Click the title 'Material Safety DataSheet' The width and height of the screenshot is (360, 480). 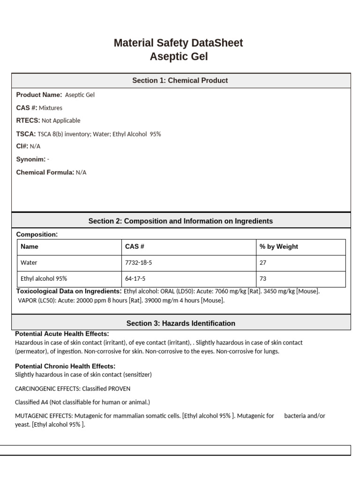(178, 43)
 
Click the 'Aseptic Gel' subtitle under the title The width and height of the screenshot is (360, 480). (179, 57)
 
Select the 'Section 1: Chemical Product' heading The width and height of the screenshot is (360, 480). (180, 81)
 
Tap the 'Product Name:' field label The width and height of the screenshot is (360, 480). (39, 95)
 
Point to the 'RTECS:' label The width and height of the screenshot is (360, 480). (28, 120)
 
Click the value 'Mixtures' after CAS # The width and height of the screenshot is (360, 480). (51, 108)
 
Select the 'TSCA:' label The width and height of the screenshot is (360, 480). (26, 134)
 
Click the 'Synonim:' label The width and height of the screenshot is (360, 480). (31, 159)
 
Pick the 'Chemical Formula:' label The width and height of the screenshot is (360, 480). (45, 172)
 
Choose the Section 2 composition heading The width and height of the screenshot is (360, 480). (180, 221)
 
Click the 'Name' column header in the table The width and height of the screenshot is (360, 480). (30, 247)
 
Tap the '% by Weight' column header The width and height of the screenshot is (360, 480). (278, 247)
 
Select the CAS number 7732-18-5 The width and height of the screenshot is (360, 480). (138, 263)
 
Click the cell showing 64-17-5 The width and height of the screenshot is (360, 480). (135, 278)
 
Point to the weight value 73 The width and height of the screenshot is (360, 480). (263, 278)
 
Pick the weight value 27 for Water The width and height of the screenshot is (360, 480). (263, 263)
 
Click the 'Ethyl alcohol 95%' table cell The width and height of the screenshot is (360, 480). (44, 278)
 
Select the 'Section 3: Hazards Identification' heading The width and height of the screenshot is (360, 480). (181, 323)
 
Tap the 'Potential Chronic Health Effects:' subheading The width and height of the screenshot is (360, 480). (65, 366)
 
